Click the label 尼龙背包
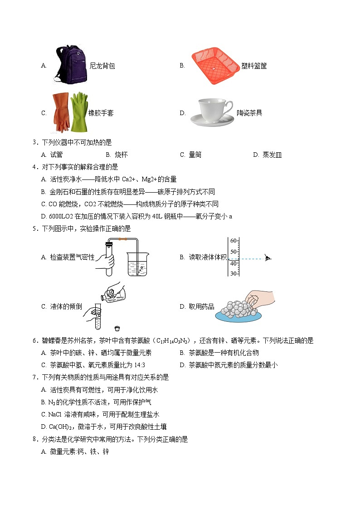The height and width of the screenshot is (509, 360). pos(102,66)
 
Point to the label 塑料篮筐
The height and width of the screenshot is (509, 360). pos(254,66)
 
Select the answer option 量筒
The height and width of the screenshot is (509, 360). pos(195,155)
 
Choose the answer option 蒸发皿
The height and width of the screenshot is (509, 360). pos(272,155)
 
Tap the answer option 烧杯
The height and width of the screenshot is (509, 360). pos(121,155)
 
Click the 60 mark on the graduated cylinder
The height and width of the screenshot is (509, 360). pos(234,240)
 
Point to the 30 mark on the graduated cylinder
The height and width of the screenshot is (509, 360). pos(234,273)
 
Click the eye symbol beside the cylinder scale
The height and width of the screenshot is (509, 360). pos(268,258)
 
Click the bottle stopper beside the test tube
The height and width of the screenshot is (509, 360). pos(118,327)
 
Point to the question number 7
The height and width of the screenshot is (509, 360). pos(35,377)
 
